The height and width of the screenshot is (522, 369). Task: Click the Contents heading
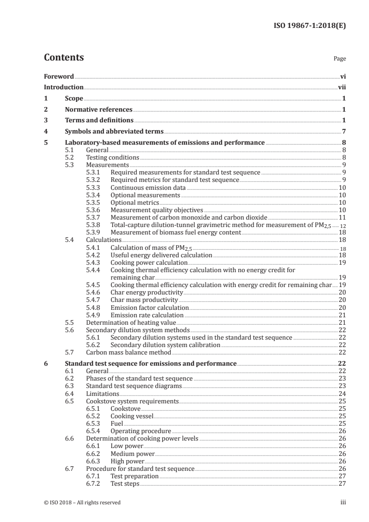(64, 58)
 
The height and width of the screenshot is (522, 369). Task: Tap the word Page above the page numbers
(339, 59)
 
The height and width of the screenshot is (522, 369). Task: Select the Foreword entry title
(59, 76)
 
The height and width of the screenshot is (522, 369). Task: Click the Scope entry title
(74, 98)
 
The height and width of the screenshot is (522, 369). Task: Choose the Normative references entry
(98, 110)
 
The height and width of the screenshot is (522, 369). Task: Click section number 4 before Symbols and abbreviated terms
(46, 131)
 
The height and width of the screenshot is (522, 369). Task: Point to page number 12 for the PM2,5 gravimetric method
(343, 226)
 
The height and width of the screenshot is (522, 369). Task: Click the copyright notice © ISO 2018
(82, 502)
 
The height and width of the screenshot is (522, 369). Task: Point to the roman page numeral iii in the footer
(343, 502)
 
